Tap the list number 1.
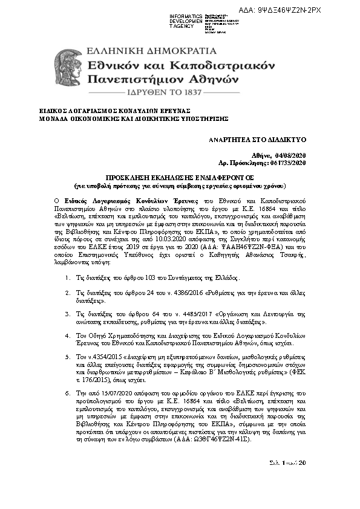point(66,279)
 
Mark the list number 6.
point(66,393)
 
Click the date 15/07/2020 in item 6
point(108,393)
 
